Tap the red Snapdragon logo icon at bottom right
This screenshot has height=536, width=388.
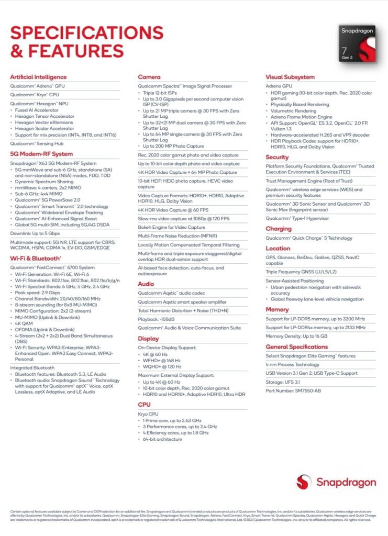[x=304, y=482]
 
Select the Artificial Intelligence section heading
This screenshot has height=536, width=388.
[x=38, y=77]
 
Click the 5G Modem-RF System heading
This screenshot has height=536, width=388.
[x=41, y=154]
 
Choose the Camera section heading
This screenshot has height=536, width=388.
[x=149, y=77]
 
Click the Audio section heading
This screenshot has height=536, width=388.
[x=146, y=284]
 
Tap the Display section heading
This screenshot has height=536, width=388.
[x=149, y=338]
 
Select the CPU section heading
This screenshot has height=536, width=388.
[x=144, y=405]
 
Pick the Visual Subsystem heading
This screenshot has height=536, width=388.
[x=290, y=77]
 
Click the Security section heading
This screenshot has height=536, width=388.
[x=277, y=157]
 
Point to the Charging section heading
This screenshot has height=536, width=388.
[x=279, y=229]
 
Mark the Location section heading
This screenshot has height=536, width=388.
[x=278, y=249]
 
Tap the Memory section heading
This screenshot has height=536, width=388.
[x=277, y=310]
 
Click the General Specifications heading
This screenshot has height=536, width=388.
[x=297, y=347]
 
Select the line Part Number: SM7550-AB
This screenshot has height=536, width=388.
[x=294, y=391]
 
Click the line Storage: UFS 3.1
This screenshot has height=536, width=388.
[x=287, y=382]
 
